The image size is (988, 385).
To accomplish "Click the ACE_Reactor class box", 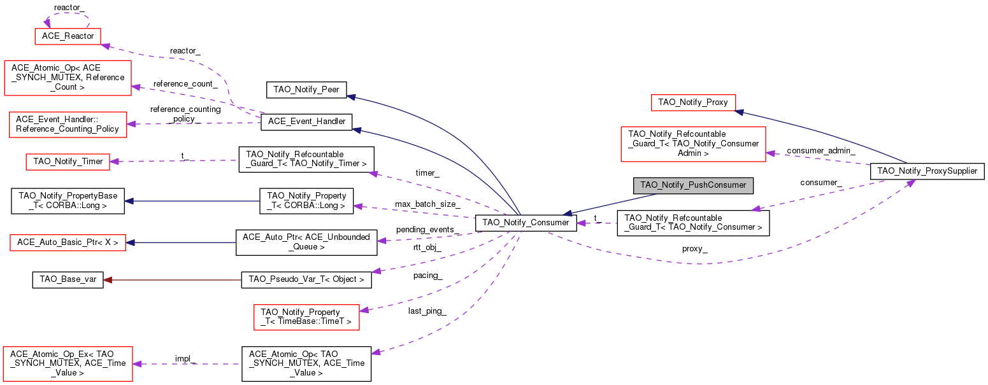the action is click(68, 36).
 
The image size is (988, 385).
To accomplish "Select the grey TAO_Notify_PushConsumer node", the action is click(693, 185).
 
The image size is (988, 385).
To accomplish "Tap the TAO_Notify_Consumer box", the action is click(526, 223).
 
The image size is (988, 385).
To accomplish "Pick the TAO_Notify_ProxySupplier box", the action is click(927, 171).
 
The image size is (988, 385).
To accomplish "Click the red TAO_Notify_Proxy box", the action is click(693, 102).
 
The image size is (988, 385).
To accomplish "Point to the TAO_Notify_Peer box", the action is click(306, 90).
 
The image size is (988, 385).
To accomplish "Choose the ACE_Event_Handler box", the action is click(306, 122).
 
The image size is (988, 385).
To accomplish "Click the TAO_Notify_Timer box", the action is click(68, 162).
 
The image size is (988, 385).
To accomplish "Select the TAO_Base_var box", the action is click(68, 280).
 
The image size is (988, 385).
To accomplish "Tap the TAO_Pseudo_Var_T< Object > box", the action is click(306, 280).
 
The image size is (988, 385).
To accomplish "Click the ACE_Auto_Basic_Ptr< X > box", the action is click(68, 242).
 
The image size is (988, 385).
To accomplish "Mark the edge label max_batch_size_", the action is click(427, 204).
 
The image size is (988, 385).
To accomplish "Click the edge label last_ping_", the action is click(427, 311).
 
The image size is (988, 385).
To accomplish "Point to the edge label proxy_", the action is click(695, 249).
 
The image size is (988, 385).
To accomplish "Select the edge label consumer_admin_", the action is click(821, 151).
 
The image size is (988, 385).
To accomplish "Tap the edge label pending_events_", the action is click(427, 230).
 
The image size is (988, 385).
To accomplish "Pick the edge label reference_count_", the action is click(185, 84).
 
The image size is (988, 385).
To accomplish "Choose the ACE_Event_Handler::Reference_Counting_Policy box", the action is click(68, 125).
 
